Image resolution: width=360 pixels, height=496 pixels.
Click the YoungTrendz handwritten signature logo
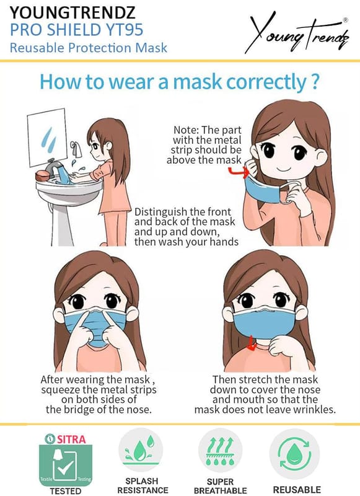[x=297, y=35]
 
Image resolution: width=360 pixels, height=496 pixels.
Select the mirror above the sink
[x=48, y=137]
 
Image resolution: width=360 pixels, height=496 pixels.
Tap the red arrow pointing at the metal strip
[x=239, y=172]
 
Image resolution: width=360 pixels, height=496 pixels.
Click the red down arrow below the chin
[x=252, y=344]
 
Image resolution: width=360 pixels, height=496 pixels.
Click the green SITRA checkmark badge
[x=66, y=464]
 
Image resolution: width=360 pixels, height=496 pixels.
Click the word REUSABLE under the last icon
[x=297, y=490]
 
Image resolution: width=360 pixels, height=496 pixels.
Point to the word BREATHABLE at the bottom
[x=221, y=490]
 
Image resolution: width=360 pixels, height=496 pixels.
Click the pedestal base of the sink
[x=61, y=224]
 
